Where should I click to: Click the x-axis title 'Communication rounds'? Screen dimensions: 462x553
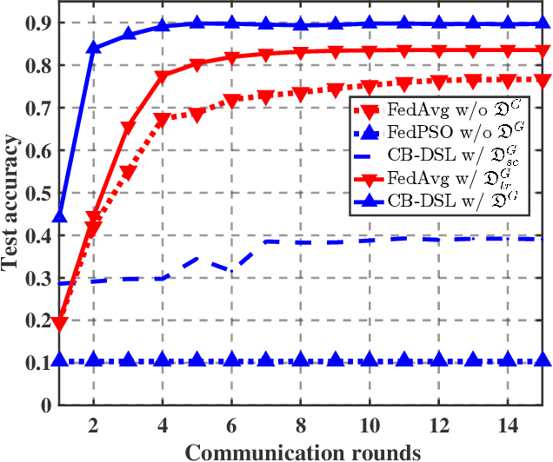[303, 450]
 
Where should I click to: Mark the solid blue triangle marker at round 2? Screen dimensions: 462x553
[94, 48]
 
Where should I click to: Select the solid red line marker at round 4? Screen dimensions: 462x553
[163, 77]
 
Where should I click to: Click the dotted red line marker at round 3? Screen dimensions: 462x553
[129, 173]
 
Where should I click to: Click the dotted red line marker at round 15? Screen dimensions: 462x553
[542, 80]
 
